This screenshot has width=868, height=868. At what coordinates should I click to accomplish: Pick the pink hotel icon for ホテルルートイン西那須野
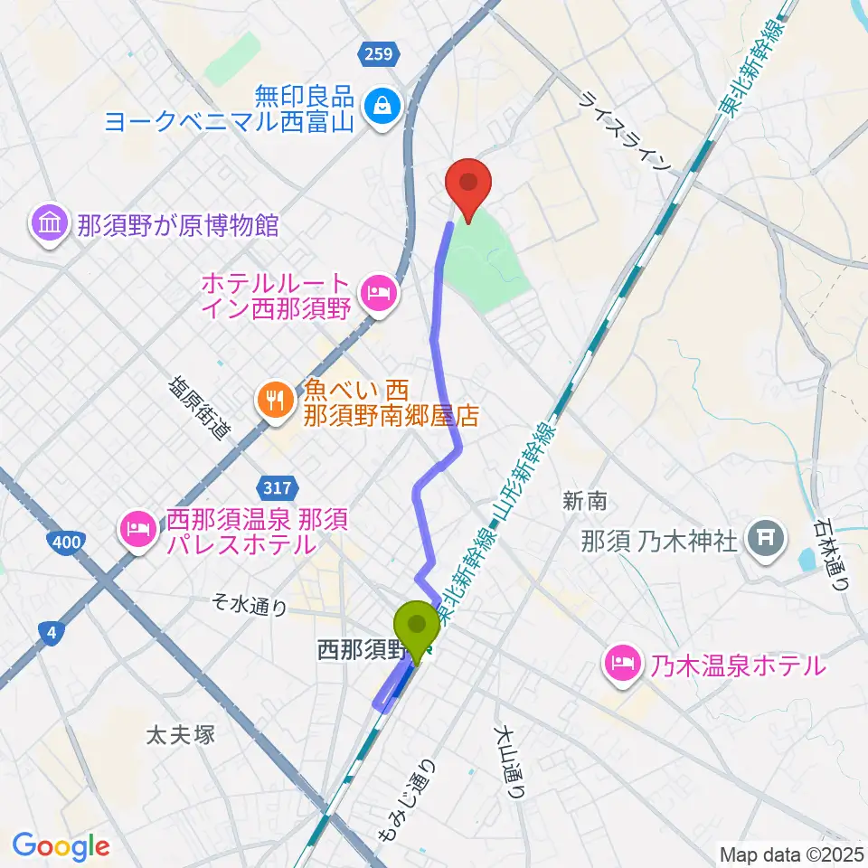point(375,293)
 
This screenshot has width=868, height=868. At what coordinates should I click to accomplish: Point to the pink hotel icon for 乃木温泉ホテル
point(622,665)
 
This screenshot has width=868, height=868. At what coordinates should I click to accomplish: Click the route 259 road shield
point(378,55)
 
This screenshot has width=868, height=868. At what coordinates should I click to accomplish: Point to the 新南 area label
point(583,500)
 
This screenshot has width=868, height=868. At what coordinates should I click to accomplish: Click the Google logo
point(61,846)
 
